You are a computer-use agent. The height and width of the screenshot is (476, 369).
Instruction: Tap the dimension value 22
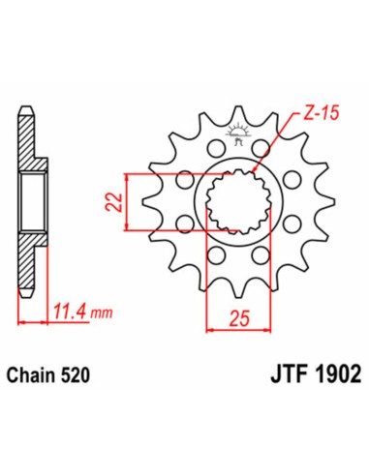(114, 201)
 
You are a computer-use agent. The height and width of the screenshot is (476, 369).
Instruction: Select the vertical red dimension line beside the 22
(128, 201)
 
